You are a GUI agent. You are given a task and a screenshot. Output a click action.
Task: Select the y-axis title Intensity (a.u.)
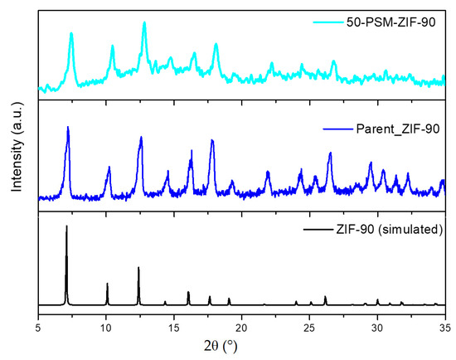pyautogui.click(x=15, y=155)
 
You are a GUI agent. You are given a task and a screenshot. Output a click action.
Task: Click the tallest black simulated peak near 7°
pyautogui.click(x=66, y=226)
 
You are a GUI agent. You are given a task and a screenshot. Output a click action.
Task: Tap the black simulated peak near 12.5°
pyautogui.click(x=138, y=268)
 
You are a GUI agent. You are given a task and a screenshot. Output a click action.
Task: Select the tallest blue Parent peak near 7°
pyautogui.click(x=67, y=128)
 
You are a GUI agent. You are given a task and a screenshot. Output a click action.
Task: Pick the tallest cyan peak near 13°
pyautogui.click(x=144, y=23)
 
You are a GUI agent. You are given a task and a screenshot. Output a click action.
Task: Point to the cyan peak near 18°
pyautogui.click(x=216, y=45)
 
